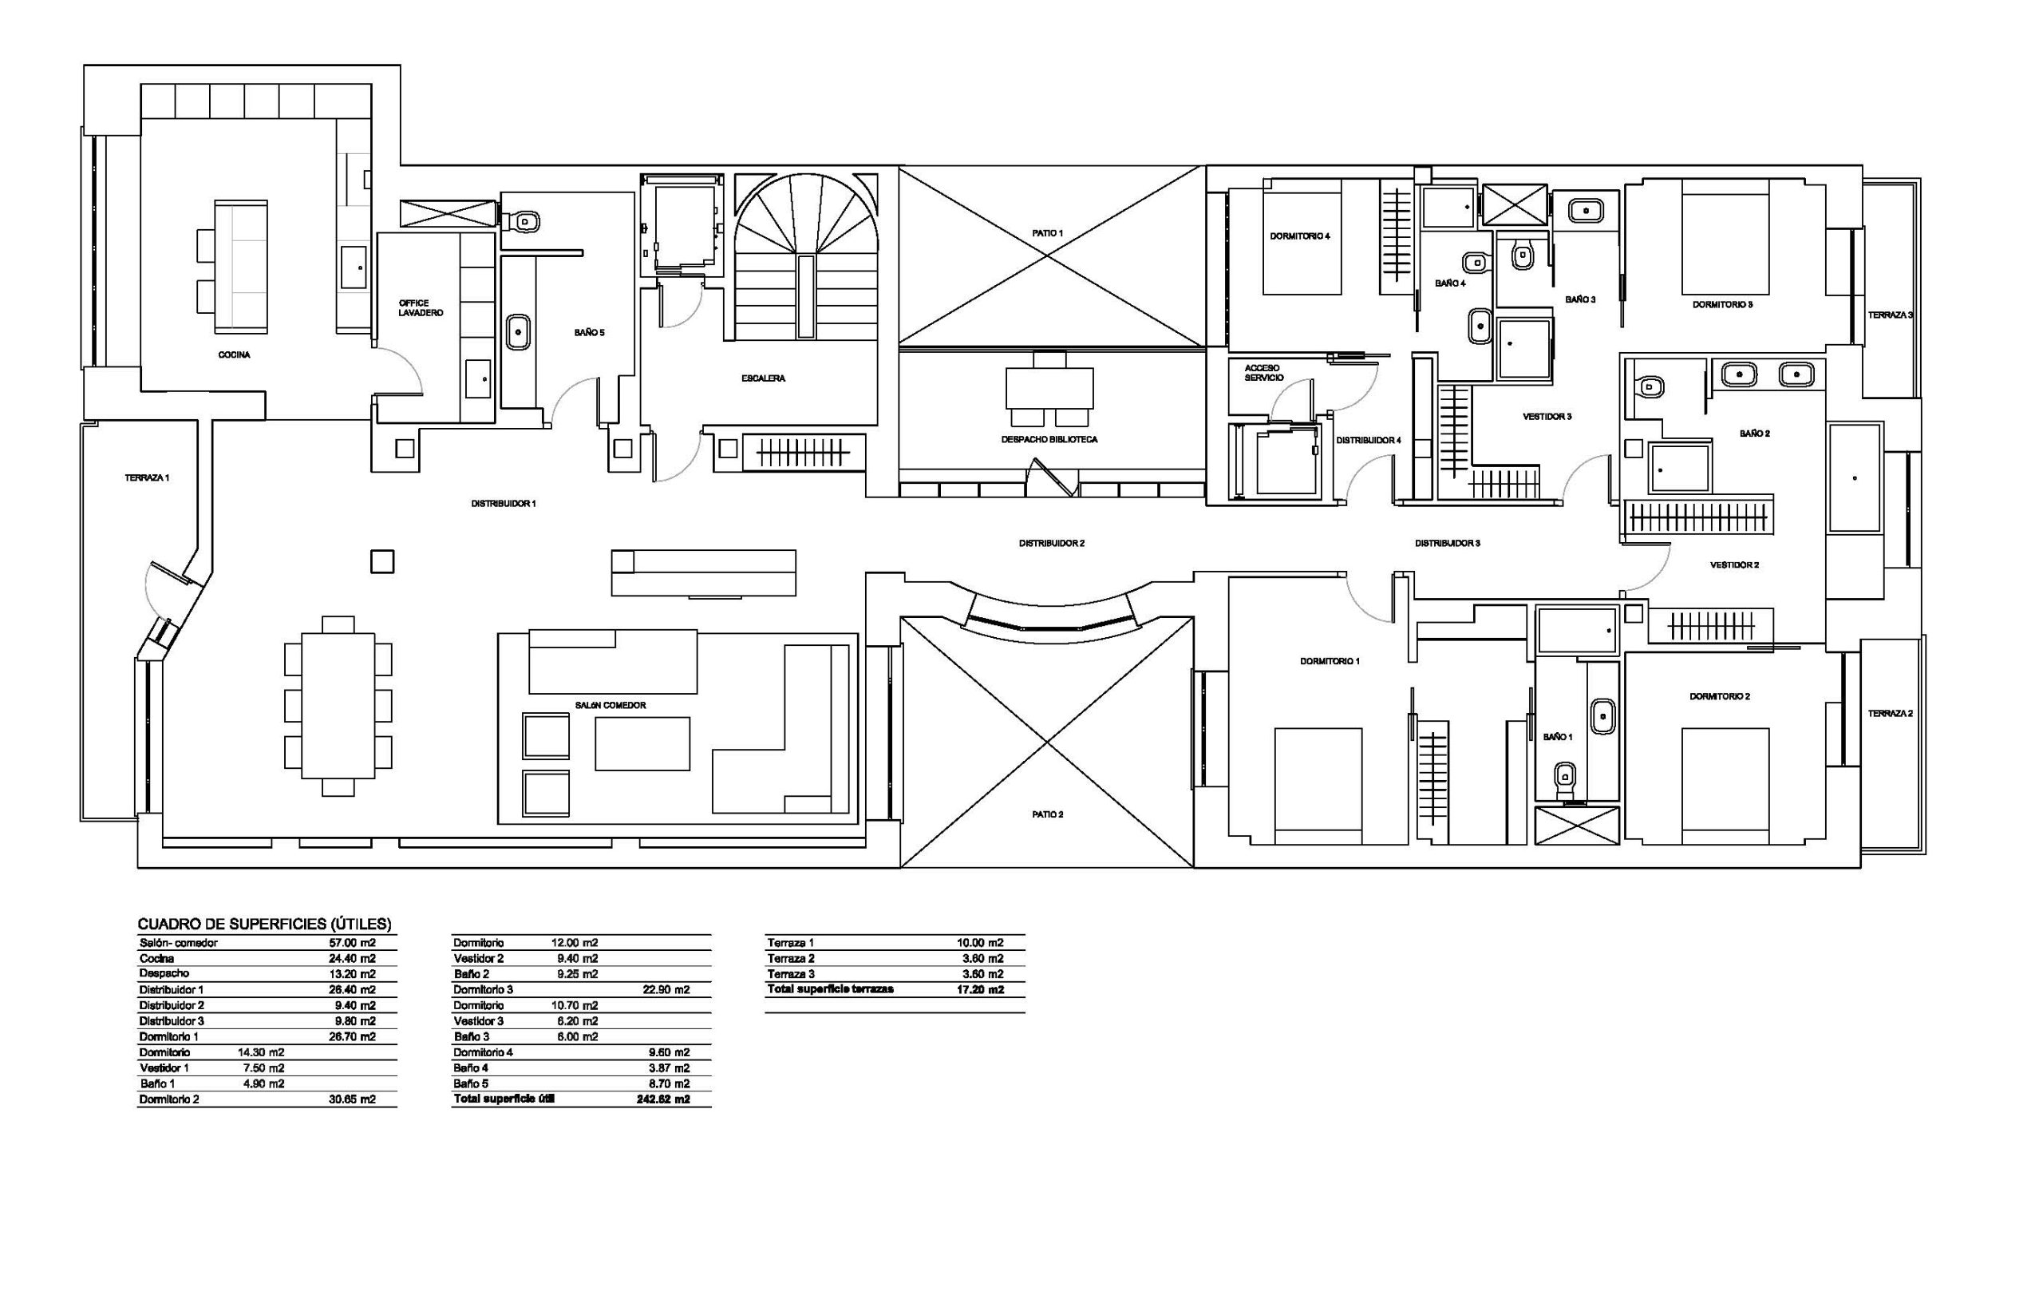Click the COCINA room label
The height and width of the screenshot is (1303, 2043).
(x=234, y=354)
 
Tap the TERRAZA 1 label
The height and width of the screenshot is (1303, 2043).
(x=147, y=478)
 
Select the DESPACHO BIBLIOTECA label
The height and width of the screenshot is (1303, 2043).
(x=1049, y=440)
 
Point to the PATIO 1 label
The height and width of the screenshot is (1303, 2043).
(x=1048, y=232)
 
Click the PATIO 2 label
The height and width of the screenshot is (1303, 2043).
(x=1048, y=814)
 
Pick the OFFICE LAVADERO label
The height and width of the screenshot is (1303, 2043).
(x=421, y=308)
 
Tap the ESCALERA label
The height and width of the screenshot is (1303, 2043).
(x=764, y=378)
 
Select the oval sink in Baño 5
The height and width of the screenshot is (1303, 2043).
(x=518, y=332)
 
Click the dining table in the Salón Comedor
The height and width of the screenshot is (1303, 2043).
(x=338, y=706)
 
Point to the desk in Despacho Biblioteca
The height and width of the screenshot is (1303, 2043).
(x=1049, y=388)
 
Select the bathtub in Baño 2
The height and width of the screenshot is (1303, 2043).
(x=1855, y=479)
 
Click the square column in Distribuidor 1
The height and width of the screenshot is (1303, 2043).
(x=382, y=562)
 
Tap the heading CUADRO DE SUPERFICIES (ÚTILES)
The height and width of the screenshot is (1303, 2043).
(x=265, y=925)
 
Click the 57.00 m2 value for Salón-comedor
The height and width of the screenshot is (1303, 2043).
(x=352, y=943)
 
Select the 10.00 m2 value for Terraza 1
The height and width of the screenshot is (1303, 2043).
(x=980, y=943)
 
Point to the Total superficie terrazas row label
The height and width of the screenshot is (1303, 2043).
(x=831, y=990)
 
